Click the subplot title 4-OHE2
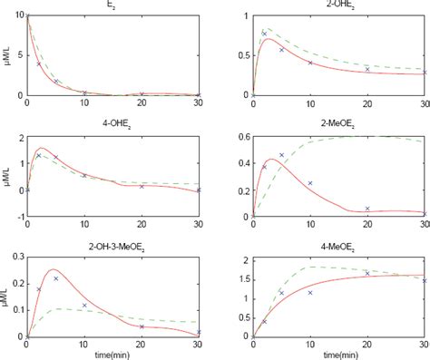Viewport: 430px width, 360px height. tap(112, 126)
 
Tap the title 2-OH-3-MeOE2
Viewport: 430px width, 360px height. tap(112, 247)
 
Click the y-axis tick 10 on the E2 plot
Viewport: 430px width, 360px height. tap(18, 16)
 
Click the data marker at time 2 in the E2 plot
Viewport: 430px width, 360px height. tap(38, 63)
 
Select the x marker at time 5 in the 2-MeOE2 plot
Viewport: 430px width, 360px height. tap(281, 155)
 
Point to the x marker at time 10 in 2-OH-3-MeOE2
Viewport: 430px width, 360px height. tap(84, 306)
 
